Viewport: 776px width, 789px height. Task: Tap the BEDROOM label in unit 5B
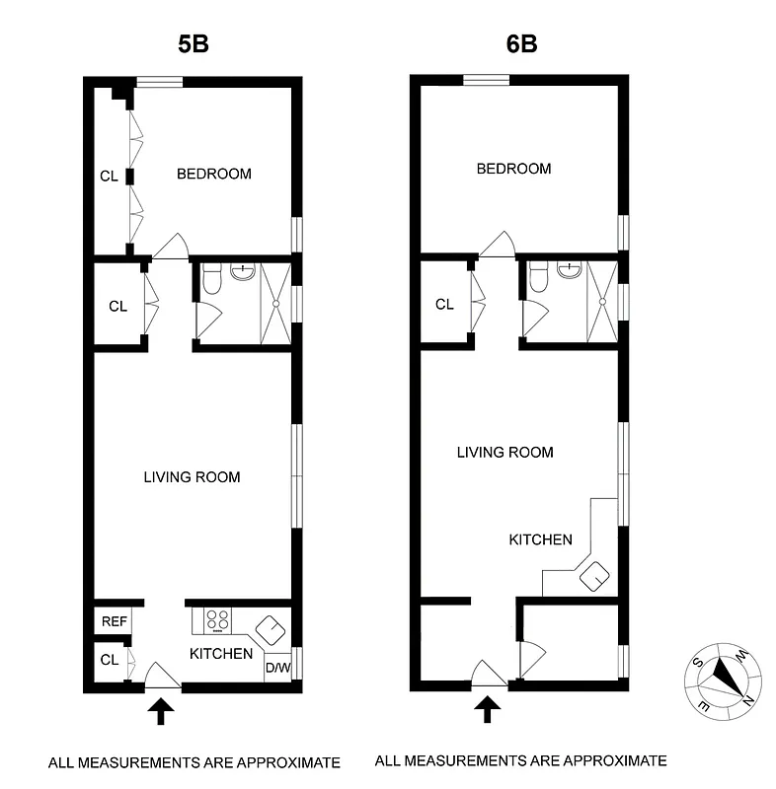213,175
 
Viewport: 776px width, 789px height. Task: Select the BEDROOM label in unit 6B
513,169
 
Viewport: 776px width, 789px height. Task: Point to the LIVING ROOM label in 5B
192,477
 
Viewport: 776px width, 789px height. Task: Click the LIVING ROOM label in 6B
504,453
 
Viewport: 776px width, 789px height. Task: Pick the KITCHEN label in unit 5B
221,654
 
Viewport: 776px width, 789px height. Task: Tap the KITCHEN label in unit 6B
540,539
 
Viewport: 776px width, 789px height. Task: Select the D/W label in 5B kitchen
276,668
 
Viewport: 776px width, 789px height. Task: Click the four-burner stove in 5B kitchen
217,621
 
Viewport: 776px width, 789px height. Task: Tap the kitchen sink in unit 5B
268,627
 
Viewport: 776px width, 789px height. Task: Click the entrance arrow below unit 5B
161,710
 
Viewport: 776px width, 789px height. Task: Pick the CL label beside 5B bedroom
109,178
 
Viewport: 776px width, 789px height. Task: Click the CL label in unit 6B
444,305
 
